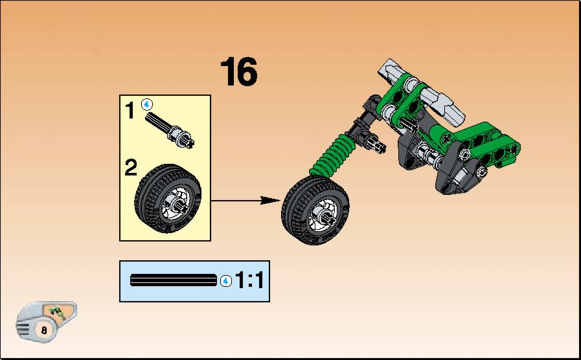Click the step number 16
(238, 71)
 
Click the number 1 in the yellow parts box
(130, 110)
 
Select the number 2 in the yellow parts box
(131, 168)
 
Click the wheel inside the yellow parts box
(168, 199)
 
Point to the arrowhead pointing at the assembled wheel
(270, 200)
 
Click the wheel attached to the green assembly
(315, 210)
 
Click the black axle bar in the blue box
(174, 280)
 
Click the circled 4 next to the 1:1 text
(225, 281)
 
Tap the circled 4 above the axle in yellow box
(147, 105)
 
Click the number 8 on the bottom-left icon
(44, 330)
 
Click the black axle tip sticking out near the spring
(377, 144)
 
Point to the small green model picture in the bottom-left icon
(56, 312)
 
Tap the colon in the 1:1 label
(249, 280)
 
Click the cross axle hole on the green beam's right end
(514, 148)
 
